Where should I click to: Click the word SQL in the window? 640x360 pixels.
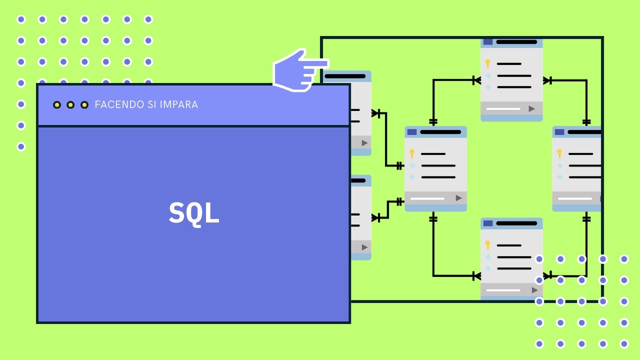click(x=194, y=213)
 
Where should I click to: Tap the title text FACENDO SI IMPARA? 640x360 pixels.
click(x=146, y=104)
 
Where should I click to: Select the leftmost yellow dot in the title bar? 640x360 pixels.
click(x=57, y=104)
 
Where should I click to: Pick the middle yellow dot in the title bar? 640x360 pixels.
click(x=70, y=104)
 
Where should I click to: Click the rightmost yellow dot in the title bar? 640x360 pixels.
click(x=84, y=104)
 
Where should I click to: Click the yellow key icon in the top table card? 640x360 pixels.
click(x=487, y=64)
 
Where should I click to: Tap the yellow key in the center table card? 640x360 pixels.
click(x=411, y=153)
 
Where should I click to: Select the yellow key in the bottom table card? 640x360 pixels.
click(x=487, y=245)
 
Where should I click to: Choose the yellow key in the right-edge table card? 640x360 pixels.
click(x=559, y=153)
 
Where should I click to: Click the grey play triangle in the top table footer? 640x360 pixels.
click(x=531, y=108)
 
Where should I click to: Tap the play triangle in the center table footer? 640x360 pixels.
click(x=458, y=198)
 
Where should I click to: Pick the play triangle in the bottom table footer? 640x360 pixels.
click(x=534, y=290)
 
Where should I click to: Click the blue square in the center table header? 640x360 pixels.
click(x=412, y=132)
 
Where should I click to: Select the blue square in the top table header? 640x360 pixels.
click(x=488, y=42)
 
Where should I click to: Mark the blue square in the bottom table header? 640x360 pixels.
click(x=488, y=223)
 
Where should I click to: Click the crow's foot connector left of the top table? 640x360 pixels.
click(x=476, y=80)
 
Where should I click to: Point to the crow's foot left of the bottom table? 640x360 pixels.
click(x=476, y=275)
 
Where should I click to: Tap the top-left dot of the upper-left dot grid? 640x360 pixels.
click(x=21, y=19)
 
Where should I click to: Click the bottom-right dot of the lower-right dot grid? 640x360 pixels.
click(x=624, y=344)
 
